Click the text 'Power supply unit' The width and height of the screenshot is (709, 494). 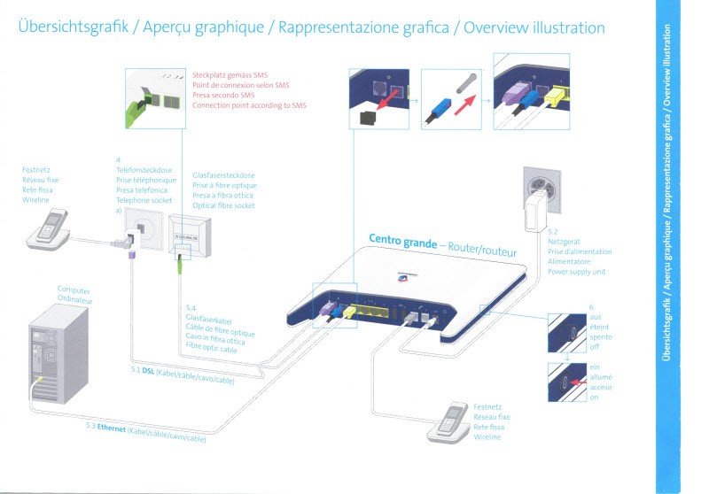pyautogui.click(x=576, y=272)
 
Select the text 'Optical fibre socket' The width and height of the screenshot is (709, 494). pyautogui.click(x=223, y=205)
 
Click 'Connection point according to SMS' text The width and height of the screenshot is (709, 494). pyautogui.click(x=249, y=105)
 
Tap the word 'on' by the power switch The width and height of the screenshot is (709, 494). pyautogui.click(x=592, y=398)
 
